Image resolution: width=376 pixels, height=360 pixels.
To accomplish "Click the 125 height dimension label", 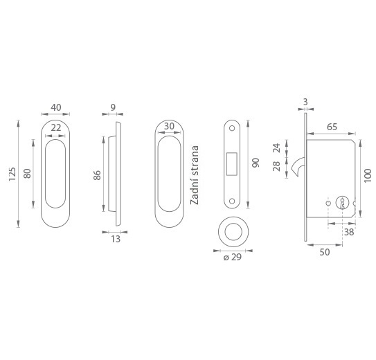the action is tap(12, 174).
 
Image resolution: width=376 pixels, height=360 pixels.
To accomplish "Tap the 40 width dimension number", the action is tap(56, 107).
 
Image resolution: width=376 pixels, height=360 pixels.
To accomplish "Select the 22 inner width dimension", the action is tap(56, 128).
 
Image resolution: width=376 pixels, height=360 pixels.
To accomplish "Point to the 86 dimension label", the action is tap(97, 175).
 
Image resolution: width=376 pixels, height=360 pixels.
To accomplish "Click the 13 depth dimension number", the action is tap(116, 239).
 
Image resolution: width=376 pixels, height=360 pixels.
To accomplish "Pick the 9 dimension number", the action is tap(113, 107).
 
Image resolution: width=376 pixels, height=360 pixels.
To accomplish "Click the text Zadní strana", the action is tap(195, 175).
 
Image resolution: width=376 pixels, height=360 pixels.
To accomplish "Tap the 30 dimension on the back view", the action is tap(169, 126).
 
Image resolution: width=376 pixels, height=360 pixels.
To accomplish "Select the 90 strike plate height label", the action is tap(256, 163).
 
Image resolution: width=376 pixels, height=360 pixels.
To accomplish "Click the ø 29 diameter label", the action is tap(233, 257).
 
